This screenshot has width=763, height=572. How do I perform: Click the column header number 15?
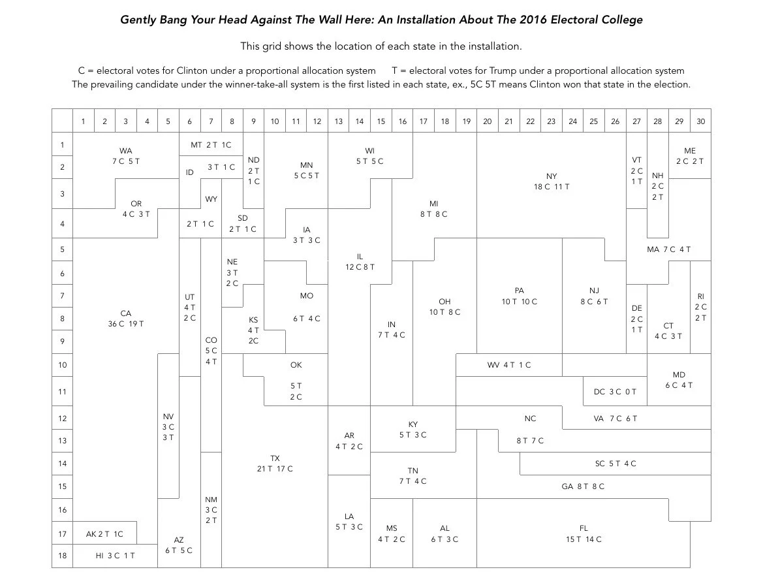point(381,121)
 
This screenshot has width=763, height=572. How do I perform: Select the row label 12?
point(63,418)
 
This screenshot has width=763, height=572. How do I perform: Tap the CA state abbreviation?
point(126,313)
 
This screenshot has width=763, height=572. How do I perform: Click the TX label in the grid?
point(275,458)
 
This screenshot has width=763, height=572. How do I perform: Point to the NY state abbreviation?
point(552,176)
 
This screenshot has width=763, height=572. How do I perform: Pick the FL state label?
point(584,528)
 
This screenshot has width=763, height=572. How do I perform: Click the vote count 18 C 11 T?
point(552,187)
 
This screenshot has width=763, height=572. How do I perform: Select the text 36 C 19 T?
point(126,324)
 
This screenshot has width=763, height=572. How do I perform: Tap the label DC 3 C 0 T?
point(615,392)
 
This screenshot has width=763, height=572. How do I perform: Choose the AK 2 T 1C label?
point(104,534)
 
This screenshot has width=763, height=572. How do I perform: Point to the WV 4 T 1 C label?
point(509,365)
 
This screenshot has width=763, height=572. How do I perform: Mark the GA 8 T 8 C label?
point(583,486)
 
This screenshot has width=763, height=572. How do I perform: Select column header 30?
point(700,121)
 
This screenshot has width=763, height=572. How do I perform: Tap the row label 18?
point(63,556)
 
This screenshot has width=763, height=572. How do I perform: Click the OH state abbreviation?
point(444,302)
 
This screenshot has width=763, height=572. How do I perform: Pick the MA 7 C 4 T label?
point(668,249)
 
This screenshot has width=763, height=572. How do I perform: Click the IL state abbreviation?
point(360,257)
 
